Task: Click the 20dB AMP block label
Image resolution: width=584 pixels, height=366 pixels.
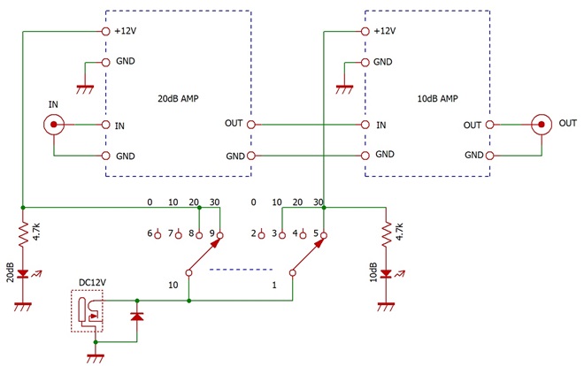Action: tap(178, 98)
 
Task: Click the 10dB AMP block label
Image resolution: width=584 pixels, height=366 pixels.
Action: tap(437, 98)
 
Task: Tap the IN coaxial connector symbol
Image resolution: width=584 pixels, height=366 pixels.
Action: tap(54, 125)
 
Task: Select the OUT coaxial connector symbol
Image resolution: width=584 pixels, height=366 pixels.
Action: tap(542, 125)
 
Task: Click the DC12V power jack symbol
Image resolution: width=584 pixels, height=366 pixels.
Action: tap(87, 310)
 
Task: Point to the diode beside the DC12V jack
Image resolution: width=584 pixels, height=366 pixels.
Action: tap(137, 316)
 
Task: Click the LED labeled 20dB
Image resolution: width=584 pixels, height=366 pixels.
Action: tap(23, 274)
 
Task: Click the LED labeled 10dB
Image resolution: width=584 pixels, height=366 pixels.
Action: tap(386, 274)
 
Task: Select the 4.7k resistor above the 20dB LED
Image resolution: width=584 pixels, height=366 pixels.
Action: tap(23, 234)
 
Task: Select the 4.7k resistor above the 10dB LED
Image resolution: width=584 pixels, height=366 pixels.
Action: tap(386, 234)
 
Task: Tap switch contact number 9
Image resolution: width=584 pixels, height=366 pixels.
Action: tap(219, 235)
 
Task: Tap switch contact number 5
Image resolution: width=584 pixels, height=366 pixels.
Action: tap(324, 235)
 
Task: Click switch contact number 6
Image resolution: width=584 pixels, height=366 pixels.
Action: tap(158, 235)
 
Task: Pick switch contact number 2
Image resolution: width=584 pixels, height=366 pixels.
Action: tap(261, 235)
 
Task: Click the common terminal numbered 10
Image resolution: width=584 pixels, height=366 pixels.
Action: tap(188, 273)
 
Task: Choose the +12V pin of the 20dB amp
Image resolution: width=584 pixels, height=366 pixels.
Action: tap(106, 32)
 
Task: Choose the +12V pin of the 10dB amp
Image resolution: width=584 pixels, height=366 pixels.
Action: tap(365, 32)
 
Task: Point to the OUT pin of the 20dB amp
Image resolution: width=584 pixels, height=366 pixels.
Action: tap(251, 125)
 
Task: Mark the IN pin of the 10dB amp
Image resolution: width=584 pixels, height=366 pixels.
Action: tap(365, 125)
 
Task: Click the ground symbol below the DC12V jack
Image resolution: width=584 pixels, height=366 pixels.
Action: tap(96, 358)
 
